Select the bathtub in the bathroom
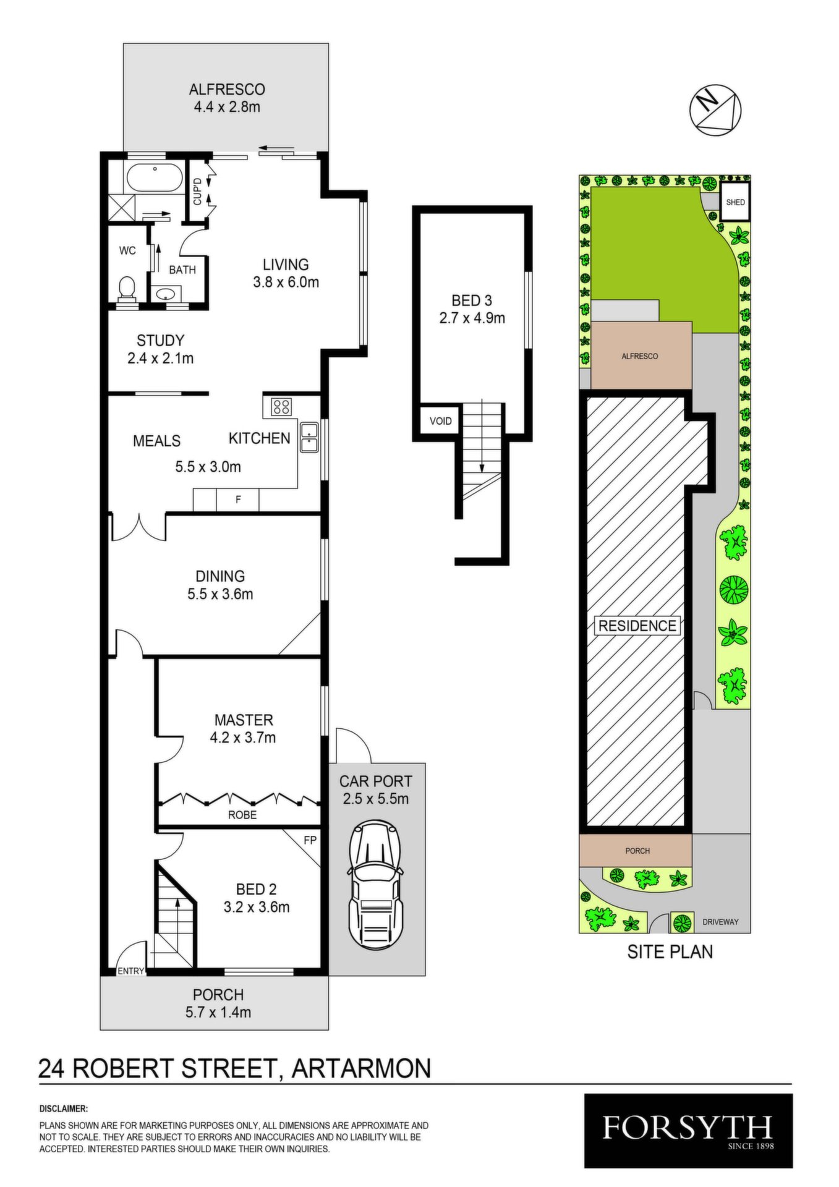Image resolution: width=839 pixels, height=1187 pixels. coord(155,179)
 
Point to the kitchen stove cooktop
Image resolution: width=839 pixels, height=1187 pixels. coord(281,406)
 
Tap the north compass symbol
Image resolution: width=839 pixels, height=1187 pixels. coord(715,109)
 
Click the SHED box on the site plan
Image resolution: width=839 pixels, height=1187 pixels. coord(735,202)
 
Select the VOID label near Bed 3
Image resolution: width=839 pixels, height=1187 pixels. coord(441,421)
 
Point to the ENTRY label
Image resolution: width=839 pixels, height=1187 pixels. coord(130,971)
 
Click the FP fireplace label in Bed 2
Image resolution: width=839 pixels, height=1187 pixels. coord(310,840)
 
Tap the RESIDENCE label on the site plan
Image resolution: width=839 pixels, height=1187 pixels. coord(637,626)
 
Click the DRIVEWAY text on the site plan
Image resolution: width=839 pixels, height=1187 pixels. coord(720,922)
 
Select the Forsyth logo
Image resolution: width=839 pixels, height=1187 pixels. coord(688,1131)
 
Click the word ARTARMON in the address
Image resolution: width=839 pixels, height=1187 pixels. coord(361,1069)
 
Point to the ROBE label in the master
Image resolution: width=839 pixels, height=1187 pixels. coord(242,815)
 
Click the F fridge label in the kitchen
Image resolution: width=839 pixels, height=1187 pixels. coord(238,500)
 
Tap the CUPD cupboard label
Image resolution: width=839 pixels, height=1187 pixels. coord(197,191)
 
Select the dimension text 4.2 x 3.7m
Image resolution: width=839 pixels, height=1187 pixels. coord(243,738)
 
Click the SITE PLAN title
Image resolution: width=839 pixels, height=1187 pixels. coord(670,951)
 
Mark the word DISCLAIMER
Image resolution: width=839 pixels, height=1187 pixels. coord(64,1109)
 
